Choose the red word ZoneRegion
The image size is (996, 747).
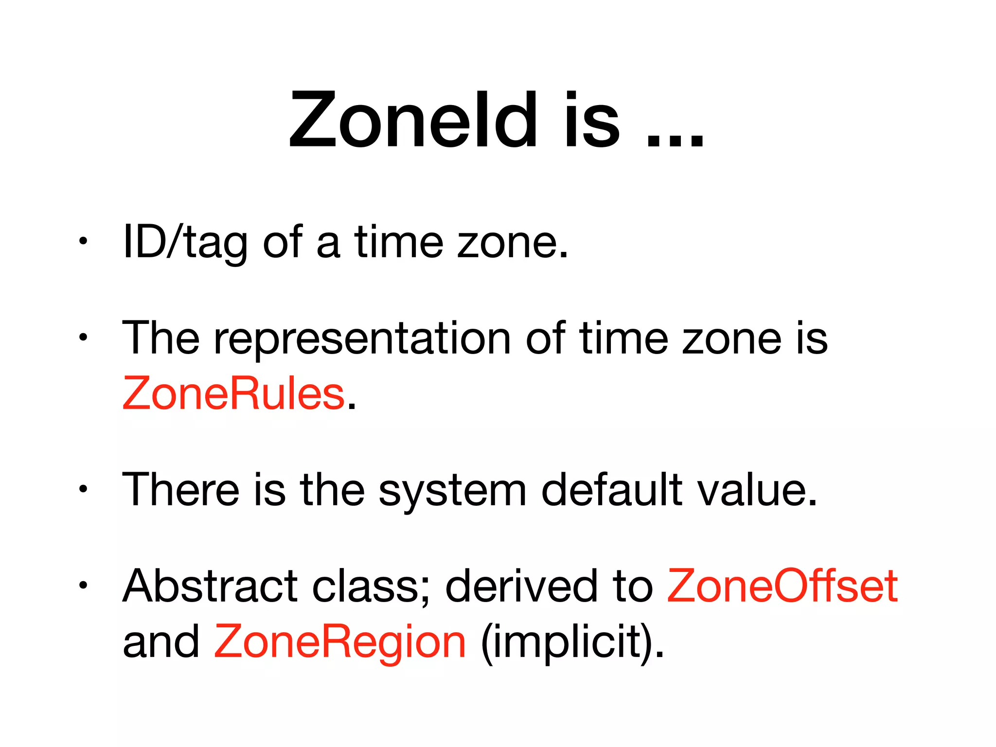(x=340, y=642)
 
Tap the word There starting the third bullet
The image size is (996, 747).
(x=180, y=490)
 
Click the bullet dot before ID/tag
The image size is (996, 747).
(x=83, y=241)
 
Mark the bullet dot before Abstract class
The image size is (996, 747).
(x=83, y=585)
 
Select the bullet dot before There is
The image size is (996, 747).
(x=83, y=489)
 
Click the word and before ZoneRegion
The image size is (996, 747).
(x=161, y=642)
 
